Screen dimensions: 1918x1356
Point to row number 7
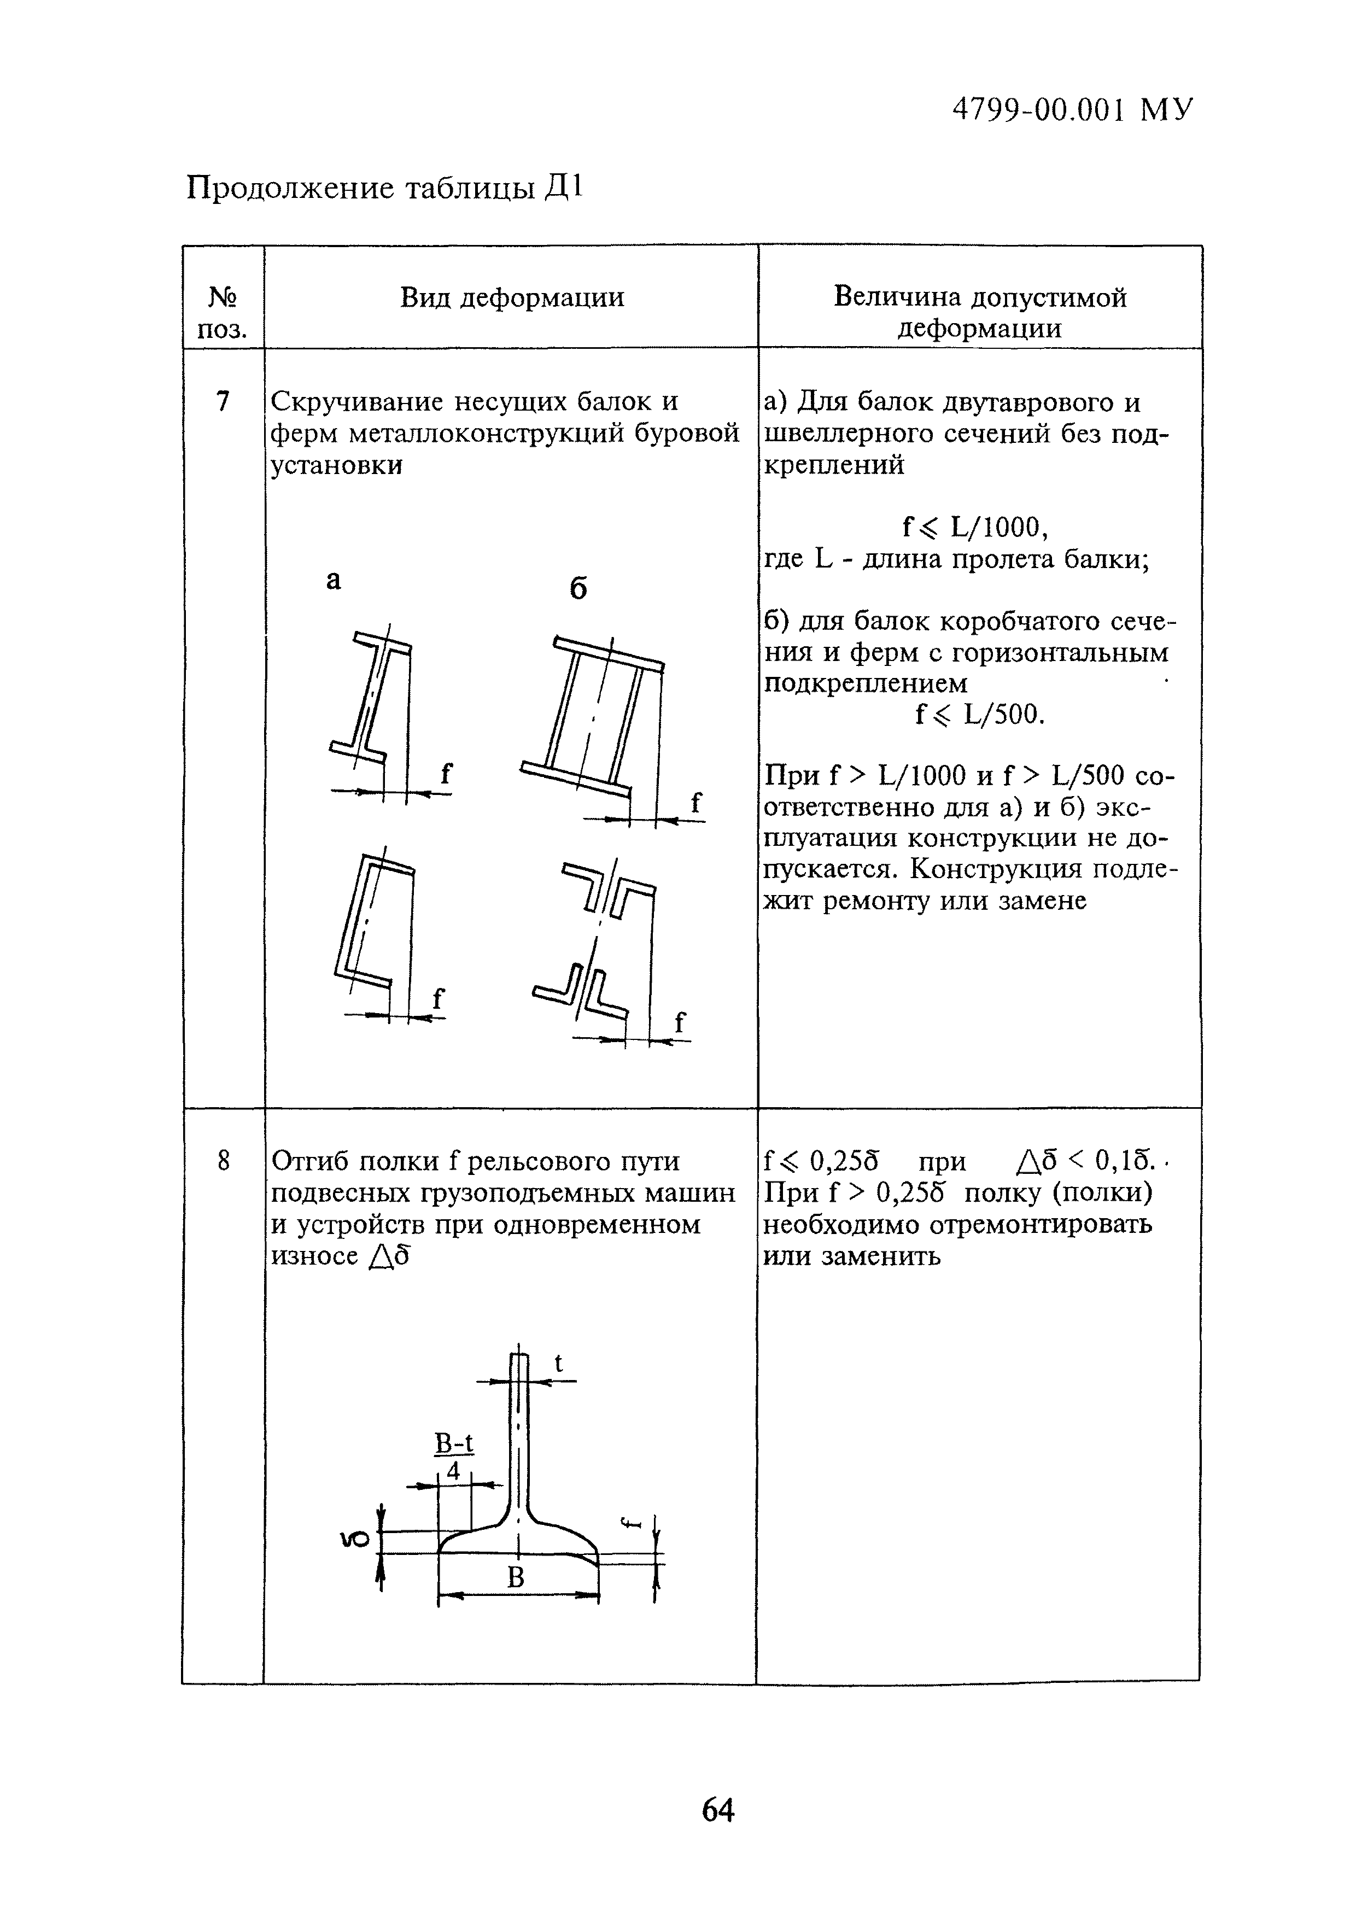tap(222, 402)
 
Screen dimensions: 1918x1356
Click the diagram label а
tap(334, 580)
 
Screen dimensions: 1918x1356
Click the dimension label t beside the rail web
tap(559, 1363)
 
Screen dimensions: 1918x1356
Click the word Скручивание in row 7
tap(359, 402)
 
